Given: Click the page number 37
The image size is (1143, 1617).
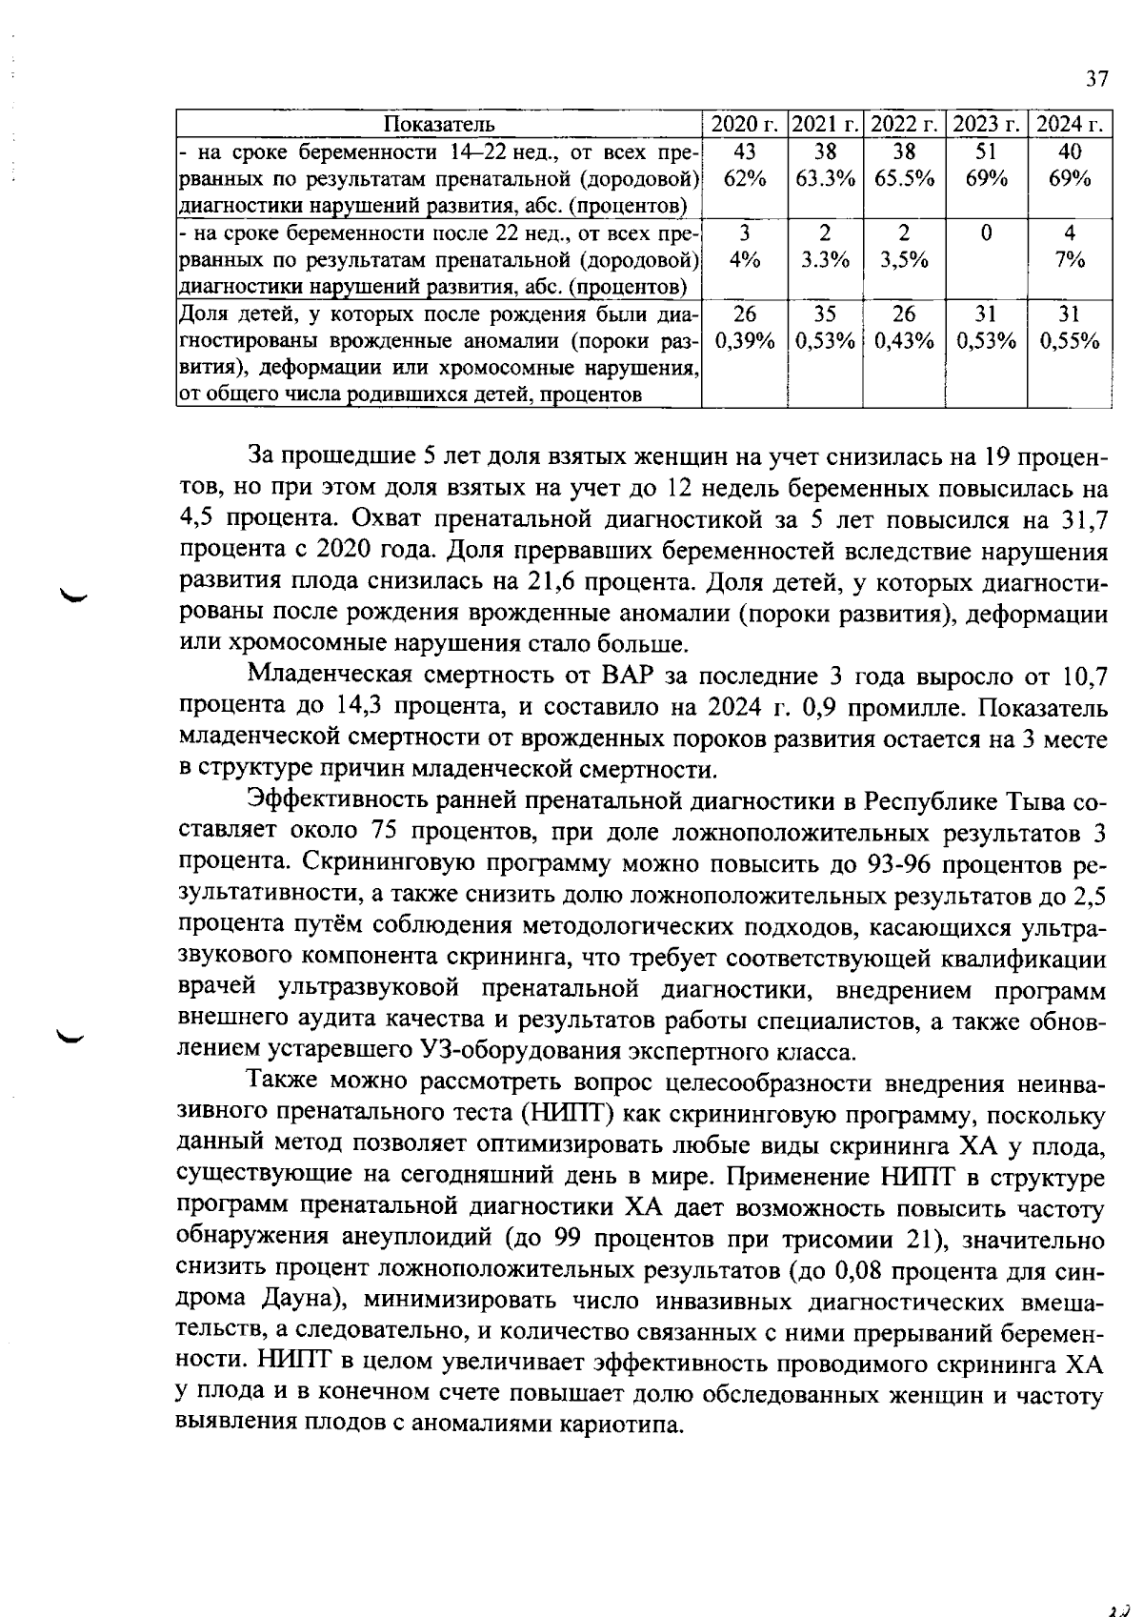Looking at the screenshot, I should (1096, 79).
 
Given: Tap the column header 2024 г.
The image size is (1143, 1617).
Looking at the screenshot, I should (1070, 125).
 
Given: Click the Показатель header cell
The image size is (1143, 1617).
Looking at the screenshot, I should (439, 125).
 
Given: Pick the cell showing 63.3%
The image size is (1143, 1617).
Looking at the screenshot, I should (825, 178).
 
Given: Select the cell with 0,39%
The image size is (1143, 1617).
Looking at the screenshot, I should (744, 341).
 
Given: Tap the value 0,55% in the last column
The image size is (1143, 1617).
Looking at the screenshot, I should (1070, 341).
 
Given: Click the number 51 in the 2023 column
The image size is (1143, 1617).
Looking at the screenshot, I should (986, 151).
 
